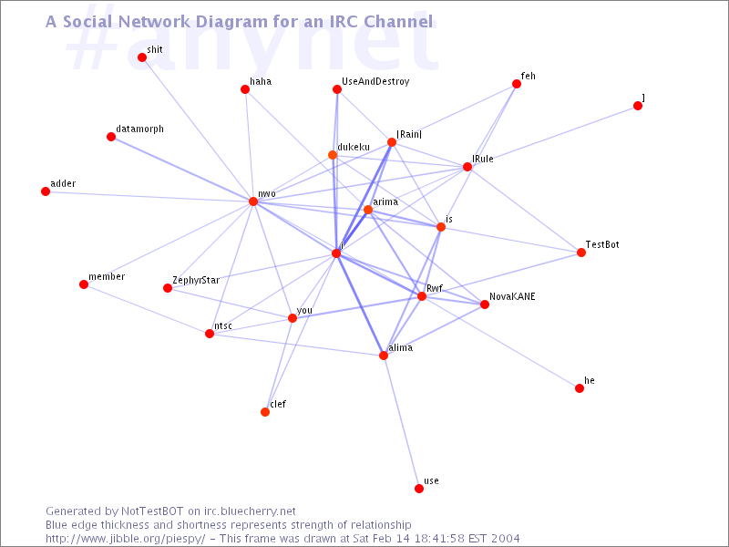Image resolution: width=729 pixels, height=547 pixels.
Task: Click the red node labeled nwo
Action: click(x=253, y=201)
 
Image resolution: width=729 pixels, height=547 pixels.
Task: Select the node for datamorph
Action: click(x=111, y=137)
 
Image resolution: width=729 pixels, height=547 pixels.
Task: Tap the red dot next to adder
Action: click(x=46, y=191)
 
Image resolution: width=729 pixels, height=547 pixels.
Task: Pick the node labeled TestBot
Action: click(x=581, y=253)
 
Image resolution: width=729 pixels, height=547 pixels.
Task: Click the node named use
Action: click(x=419, y=489)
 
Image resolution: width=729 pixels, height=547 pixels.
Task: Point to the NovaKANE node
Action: click(x=485, y=304)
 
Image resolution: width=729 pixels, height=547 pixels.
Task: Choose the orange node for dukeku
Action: click(x=333, y=155)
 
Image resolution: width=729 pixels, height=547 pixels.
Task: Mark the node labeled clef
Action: click(x=265, y=412)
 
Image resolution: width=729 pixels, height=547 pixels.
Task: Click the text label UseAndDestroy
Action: click(x=375, y=81)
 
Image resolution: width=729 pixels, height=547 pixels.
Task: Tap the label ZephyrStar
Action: click(x=196, y=281)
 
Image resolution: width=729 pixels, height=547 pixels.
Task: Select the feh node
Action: click(x=517, y=84)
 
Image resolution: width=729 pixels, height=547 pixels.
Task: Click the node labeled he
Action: click(x=580, y=388)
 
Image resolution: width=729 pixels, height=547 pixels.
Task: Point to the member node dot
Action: click(x=84, y=284)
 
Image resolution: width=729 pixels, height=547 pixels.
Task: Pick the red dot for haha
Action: click(x=245, y=89)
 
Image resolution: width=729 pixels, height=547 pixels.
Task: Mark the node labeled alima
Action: click(x=384, y=356)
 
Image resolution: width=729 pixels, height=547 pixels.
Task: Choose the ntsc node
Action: click(x=210, y=334)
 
